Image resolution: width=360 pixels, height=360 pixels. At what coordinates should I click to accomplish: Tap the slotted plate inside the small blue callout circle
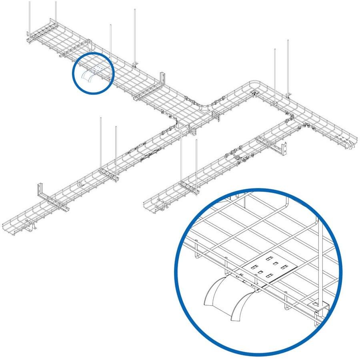[96, 69]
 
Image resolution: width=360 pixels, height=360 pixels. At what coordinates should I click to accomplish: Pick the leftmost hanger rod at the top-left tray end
[30, 16]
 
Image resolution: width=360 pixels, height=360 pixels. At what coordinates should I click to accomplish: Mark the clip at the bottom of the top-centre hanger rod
[135, 64]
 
